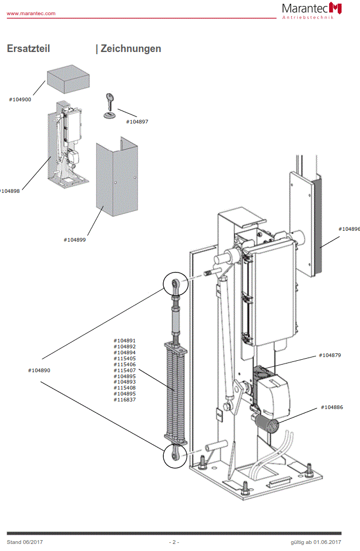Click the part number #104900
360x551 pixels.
20,100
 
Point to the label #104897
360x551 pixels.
137,122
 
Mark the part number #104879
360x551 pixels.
330,355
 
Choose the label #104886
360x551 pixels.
332,407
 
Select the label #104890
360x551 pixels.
39,371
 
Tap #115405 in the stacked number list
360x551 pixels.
125,359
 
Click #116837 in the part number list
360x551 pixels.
125,400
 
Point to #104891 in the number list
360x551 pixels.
125,341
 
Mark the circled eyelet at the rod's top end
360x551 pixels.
176,284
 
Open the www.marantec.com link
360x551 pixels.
31,14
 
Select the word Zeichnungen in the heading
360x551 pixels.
131,49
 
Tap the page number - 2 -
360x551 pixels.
174,542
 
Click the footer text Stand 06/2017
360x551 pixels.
25,542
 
